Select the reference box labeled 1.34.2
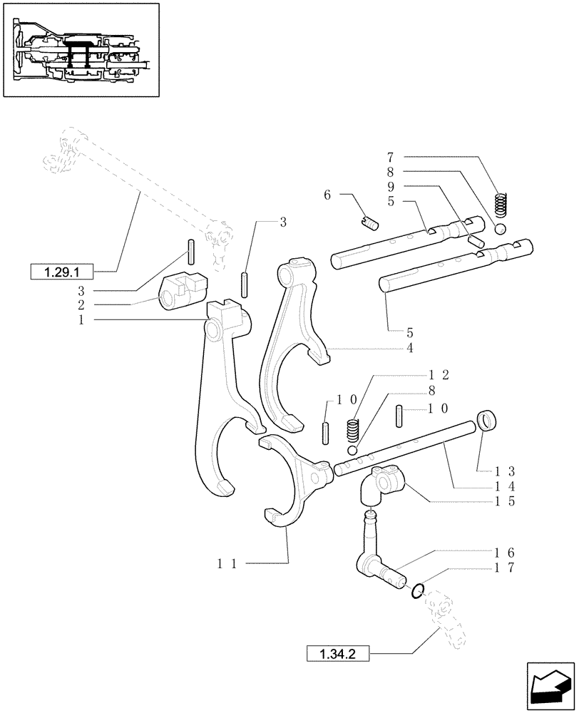(339, 653)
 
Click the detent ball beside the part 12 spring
(352, 451)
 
